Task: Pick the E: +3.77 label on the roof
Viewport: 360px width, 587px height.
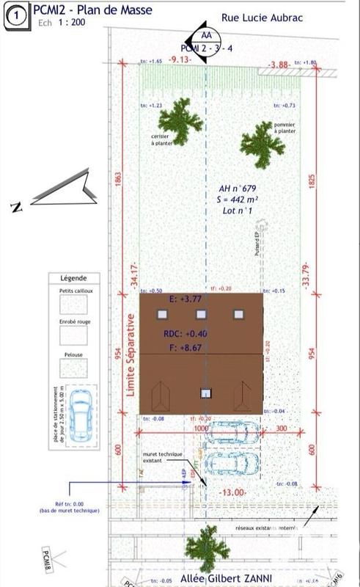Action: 185,299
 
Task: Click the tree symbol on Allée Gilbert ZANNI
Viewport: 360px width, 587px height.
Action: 202,547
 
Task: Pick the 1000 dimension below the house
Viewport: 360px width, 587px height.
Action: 201,428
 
